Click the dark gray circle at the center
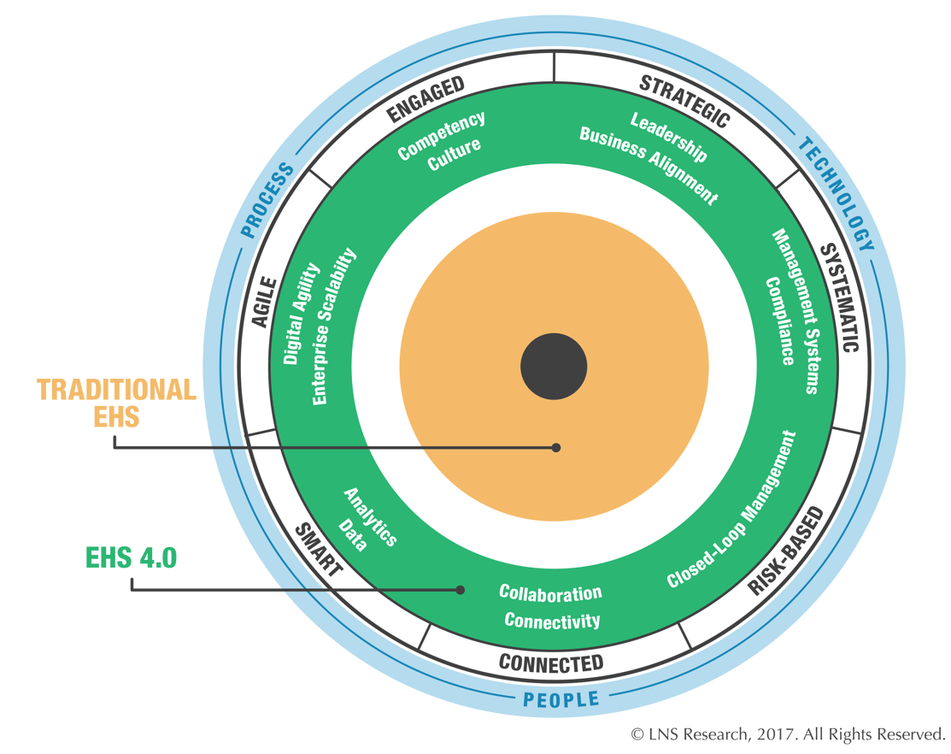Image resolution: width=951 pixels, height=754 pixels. click(554, 368)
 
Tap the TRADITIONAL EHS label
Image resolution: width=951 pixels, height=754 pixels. click(116, 404)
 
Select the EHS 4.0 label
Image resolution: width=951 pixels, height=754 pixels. click(131, 558)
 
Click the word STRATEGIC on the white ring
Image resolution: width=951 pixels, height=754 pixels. click(684, 102)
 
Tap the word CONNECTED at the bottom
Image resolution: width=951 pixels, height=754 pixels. click(550, 663)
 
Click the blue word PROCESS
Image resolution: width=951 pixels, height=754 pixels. click(267, 199)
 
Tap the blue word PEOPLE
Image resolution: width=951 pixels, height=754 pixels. click(561, 700)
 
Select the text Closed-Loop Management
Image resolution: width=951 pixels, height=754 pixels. click(731, 510)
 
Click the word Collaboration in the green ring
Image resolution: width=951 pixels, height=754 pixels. click(550, 592)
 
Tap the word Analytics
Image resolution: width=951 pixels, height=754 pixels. click(370, 516)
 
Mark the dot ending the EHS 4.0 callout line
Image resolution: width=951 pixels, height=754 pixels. click(461, 589)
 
